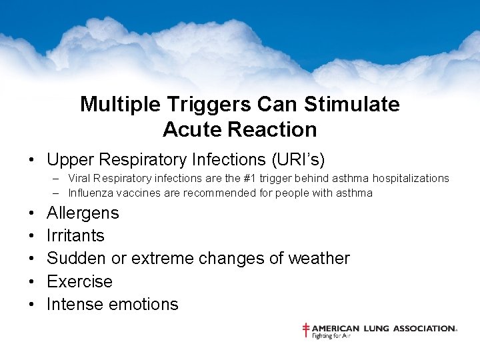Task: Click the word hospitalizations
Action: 406,179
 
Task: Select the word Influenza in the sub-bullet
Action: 90,193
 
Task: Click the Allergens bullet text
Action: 83,213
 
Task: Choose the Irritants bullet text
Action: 75,236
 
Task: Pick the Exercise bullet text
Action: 79,281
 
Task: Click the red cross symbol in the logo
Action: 306,330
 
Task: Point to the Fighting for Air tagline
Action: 331,337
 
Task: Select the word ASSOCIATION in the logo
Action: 424,329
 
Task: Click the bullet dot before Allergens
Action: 32,214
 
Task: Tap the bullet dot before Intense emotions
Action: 32,305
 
